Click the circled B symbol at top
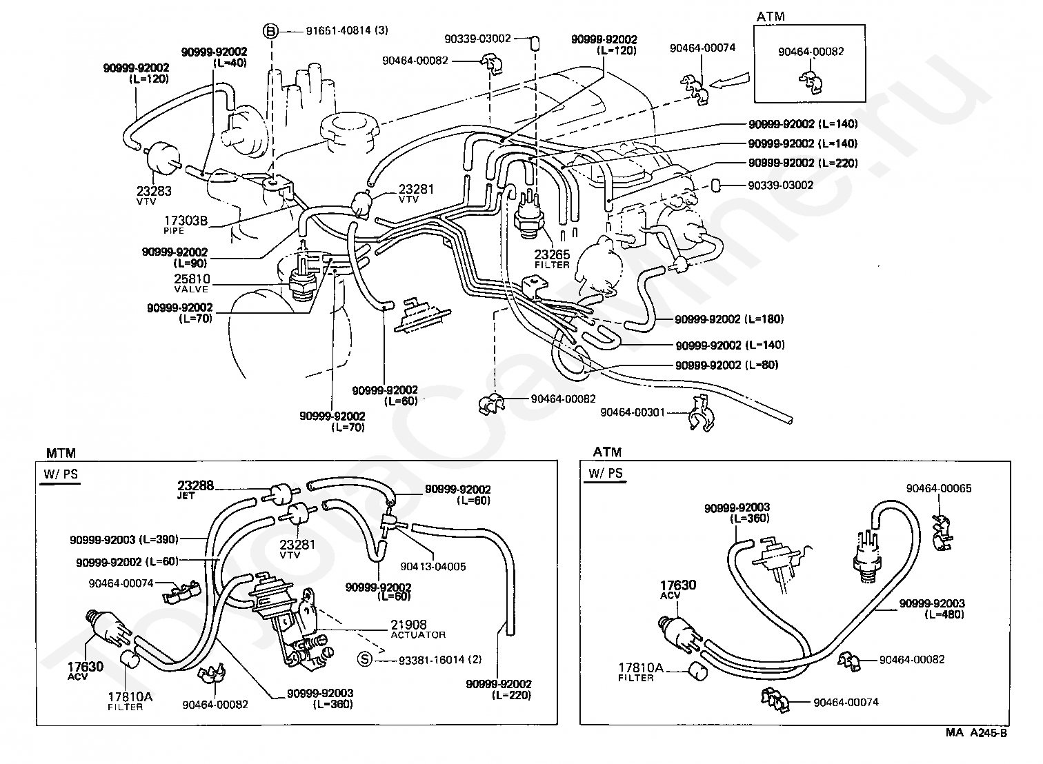tap(270, 31)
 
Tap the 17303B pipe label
tap(186, 223)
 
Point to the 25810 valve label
tap(192, 283)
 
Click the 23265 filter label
tap(552, 259)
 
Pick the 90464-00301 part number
tap(633, 412)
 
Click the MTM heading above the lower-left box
tap(61, 453)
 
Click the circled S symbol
tap(365, 659)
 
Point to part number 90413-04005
tap(433, 567)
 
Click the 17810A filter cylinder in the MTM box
tap(130, 660)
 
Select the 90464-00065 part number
tap(939, 488)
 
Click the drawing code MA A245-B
tap(976, 733)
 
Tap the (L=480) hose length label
tap(944, 614)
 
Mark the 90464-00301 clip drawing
tap(702, 414)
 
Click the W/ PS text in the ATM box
tap(606, 474)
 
